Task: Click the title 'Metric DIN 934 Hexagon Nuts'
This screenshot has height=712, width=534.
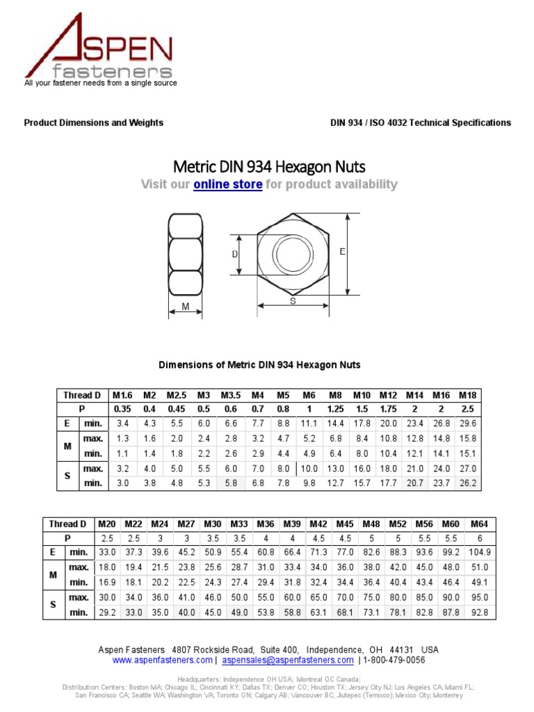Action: click(268, 167)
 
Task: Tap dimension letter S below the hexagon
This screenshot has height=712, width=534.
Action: click(293, 301)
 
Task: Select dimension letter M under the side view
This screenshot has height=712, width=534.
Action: click(186, 306)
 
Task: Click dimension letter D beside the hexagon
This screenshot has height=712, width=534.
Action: click(235, 254)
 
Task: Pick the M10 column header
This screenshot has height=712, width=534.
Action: click(362, 395)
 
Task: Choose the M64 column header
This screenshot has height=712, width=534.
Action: click(479, 524)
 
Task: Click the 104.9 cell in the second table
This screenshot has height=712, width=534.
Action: click(479, 552)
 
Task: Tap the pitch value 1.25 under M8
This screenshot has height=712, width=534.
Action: click(335, 410)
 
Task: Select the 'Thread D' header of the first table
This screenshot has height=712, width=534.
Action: click(82, 395)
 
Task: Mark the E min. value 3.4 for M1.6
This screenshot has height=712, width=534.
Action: click(122, 423)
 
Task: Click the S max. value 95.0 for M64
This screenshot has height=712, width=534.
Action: click(479, 597)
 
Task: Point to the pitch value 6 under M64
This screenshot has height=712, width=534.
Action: click(479, 538)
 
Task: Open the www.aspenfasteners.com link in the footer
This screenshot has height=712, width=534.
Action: click(162, 660)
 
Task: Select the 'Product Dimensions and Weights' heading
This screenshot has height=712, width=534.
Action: click(94, 122)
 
